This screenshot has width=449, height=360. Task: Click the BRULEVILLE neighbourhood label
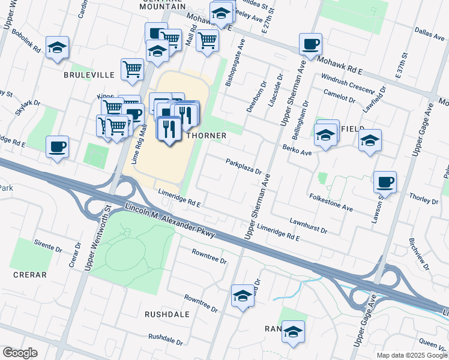(x=89, y=76)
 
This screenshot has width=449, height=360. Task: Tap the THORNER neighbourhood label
(x=206, y=136)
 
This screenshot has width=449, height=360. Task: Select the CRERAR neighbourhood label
(x=29, y=275)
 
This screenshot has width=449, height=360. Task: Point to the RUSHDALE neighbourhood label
(x=167, y=314)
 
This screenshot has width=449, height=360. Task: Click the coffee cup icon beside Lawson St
(x=385, y=181)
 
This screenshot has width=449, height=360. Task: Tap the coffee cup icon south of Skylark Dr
(x=57, y=146)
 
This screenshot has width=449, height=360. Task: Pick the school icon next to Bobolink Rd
(x=57, y=47)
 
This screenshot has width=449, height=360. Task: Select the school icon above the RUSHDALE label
(x=243, y=295)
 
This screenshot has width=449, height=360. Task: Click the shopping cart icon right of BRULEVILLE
(x=132, y=68)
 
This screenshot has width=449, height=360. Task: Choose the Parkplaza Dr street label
(x=244, y=166)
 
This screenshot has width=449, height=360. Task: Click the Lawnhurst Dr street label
(x=308, y=226)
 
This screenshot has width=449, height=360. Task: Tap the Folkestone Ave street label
(x=331, y=201)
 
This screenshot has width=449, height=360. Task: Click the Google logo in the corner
(x=20, y=353)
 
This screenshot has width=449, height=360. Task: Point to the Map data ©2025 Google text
(x=411, y=355)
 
